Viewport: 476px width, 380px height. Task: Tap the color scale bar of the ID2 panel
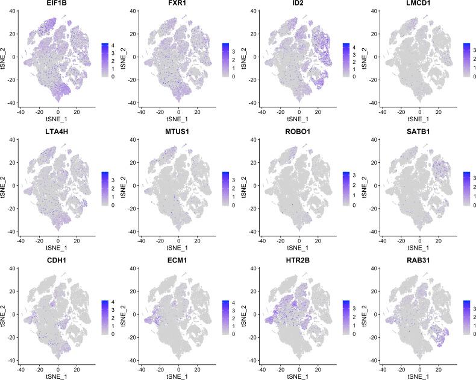tap(346, 60)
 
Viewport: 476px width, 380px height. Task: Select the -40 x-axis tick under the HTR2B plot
tap(261, 368)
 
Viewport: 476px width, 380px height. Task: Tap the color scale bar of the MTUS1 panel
tap(225, 188)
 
